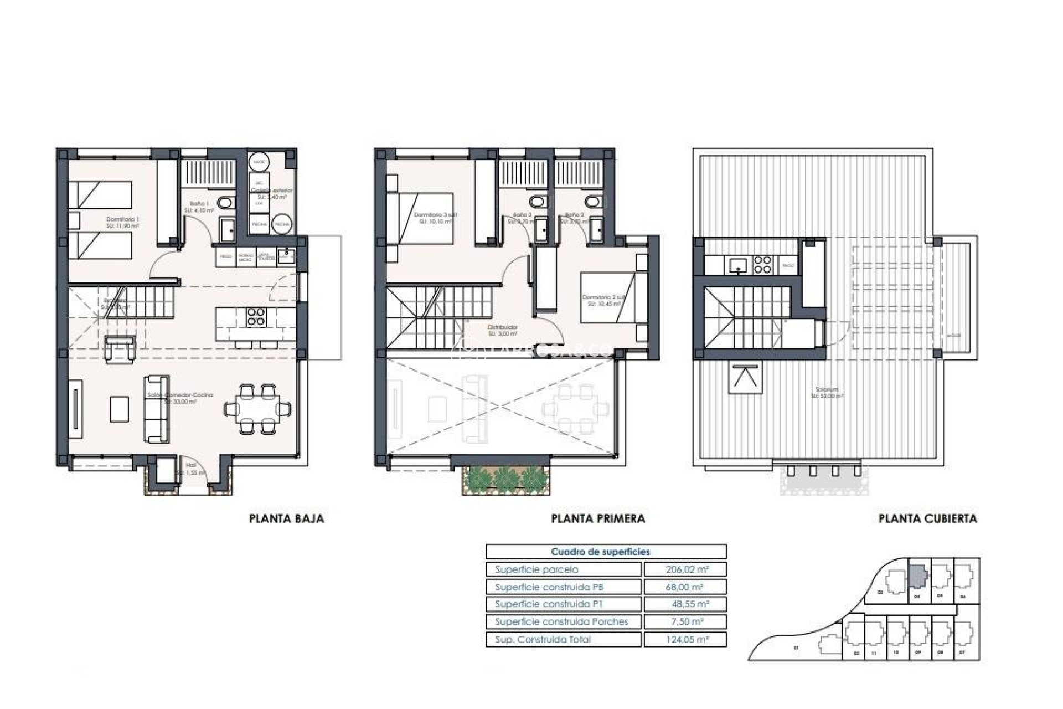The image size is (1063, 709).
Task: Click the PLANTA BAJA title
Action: (286, 519)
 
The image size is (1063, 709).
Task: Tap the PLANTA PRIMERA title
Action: (598, 519)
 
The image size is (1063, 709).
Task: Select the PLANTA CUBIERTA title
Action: (927, 519)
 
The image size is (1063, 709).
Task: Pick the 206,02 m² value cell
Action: (684, 569)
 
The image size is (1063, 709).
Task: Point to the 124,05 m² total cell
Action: (684, 640)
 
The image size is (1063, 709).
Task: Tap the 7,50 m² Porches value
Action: (684, 622)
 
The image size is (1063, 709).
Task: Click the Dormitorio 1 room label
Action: (122, 220)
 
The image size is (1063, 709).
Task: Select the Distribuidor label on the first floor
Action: (503, 327)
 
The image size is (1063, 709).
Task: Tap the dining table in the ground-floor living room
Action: (258, 409)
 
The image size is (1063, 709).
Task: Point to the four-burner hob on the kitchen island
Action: (256, 316)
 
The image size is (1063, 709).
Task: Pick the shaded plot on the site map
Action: (917, 577)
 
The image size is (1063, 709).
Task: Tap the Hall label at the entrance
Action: (192, 466)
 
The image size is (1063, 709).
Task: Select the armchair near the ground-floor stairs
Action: (120, 350)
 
